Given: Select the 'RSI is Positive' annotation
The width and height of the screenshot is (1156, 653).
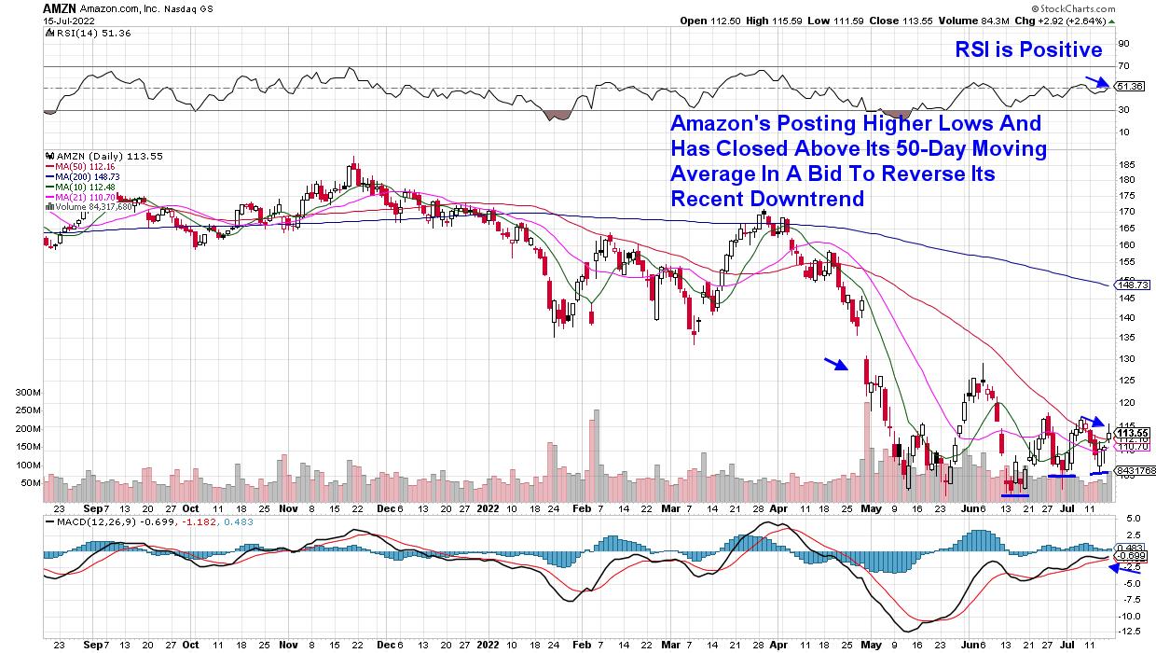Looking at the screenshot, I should [1028, 49].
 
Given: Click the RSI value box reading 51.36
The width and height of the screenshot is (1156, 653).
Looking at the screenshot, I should [1129, 87].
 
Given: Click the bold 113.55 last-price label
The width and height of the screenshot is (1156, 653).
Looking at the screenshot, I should [1131, 432].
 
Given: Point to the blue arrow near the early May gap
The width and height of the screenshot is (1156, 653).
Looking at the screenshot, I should [835, 364].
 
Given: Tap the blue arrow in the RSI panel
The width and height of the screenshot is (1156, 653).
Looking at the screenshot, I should [1096, 81].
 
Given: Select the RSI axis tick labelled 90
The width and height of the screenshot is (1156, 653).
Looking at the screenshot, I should [1123, 43].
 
